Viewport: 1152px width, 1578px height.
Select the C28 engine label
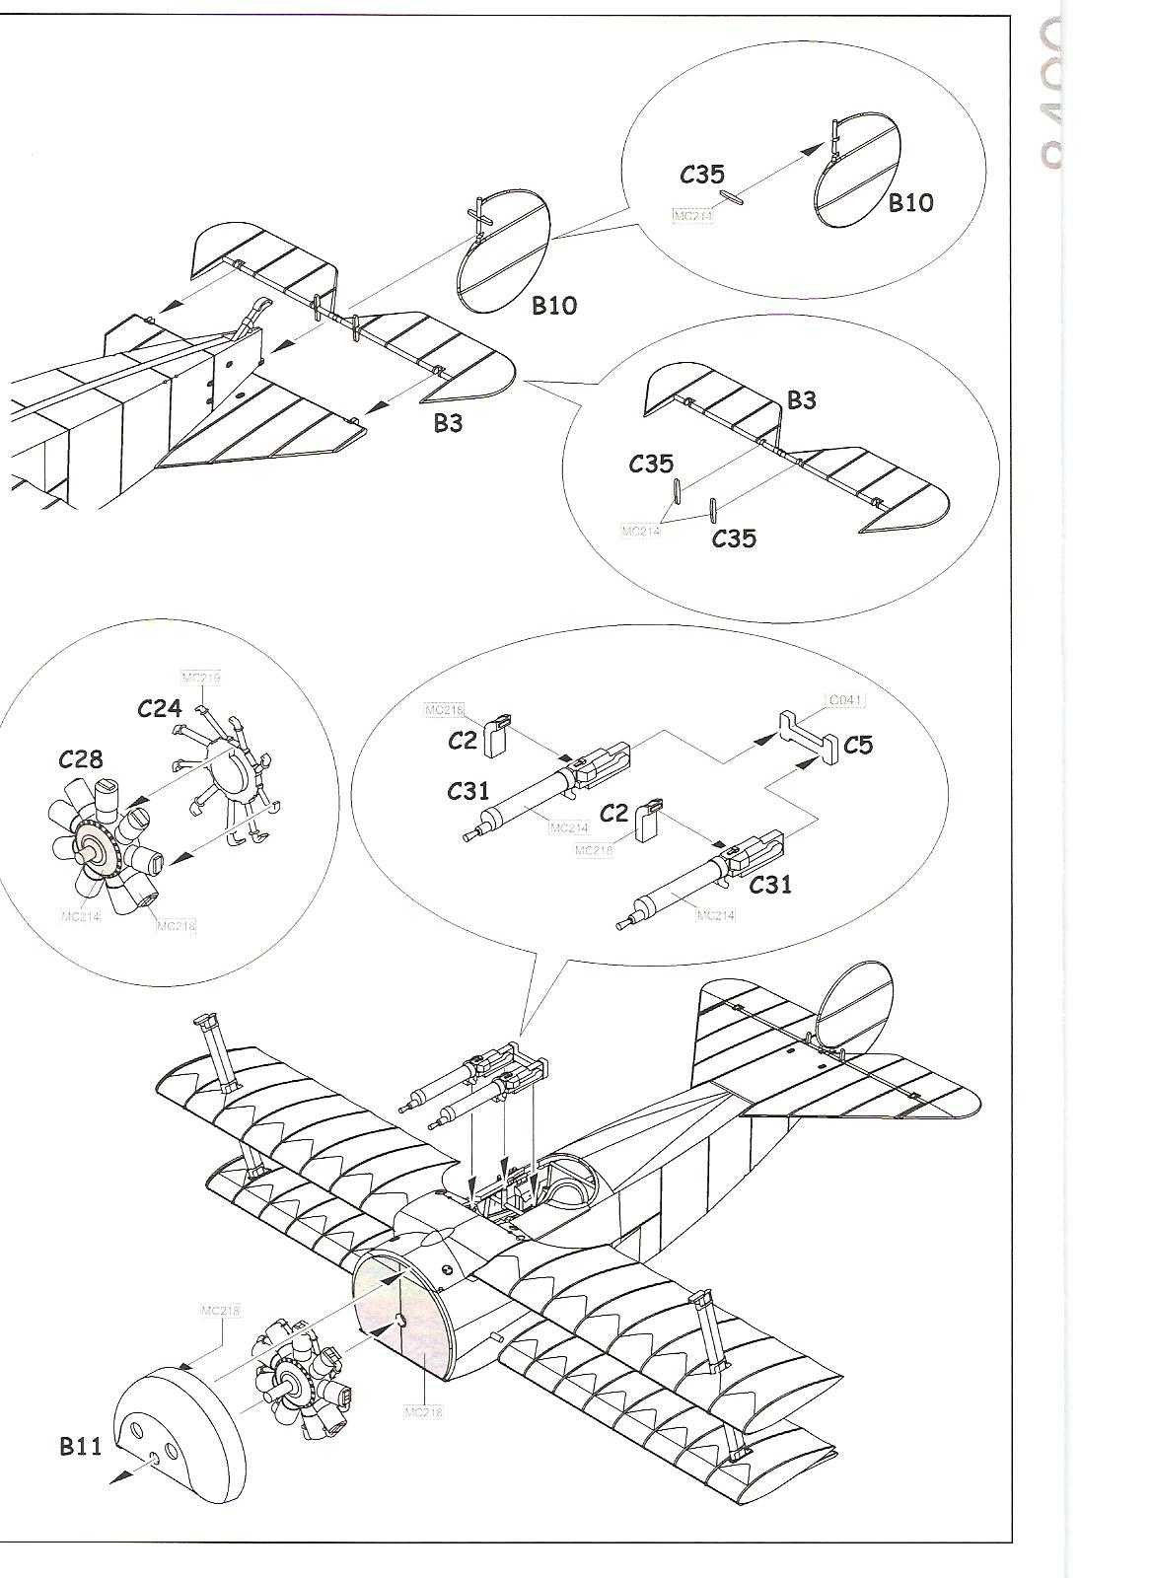coord(80,758)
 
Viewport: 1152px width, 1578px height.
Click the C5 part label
coord(858,744)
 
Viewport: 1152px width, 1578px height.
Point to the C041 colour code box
coord(845,700)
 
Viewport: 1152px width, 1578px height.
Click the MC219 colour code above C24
coord(201,678)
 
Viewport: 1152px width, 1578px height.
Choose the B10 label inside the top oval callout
coord(909,202)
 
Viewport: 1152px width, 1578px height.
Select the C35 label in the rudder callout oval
coord(702,175)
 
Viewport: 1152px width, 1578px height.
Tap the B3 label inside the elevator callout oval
coord(801,399)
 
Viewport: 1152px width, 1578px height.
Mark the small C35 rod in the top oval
coord(732,197)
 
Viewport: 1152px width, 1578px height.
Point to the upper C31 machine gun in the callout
coord(552,789)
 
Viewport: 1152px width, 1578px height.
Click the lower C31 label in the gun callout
coord(769,885)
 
